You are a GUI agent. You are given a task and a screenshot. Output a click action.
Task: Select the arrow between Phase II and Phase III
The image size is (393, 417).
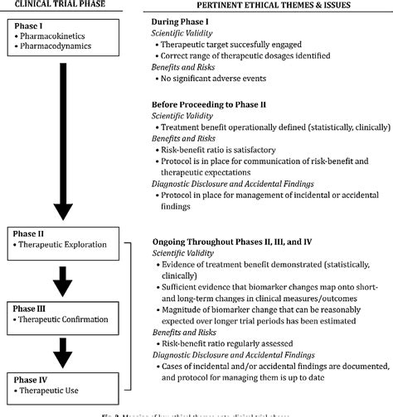(x=56, y=278)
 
